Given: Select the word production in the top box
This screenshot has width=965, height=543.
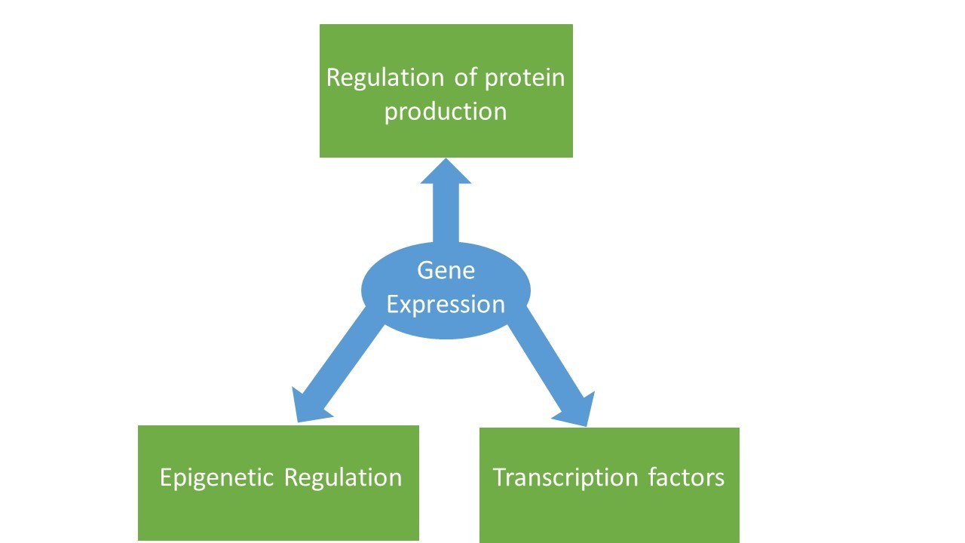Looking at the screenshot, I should (x=445, y=112).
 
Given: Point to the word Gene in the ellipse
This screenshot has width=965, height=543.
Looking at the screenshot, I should (x=446, y=271).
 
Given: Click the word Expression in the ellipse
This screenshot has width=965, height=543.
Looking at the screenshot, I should (x=446, y=305).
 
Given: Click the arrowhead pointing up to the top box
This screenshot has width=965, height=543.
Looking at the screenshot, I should (x=446, y=172).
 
